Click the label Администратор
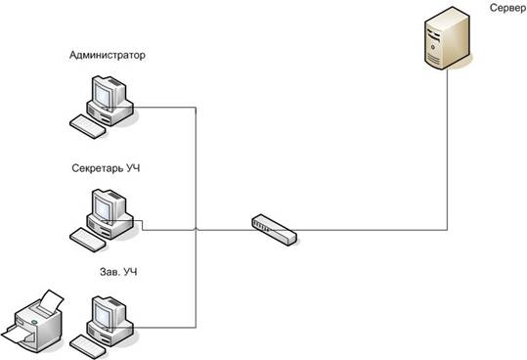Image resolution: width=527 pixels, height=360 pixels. (108, 55)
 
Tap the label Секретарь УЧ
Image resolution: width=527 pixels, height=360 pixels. (106, 167)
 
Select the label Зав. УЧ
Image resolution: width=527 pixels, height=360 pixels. (118, 272)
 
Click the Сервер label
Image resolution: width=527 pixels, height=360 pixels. (507, 8)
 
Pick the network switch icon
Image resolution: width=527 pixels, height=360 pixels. (274, 230)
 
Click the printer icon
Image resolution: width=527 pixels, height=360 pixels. (32, 322)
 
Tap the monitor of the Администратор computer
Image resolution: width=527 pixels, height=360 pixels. (109, 91)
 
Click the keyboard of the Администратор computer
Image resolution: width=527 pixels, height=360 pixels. (87, 126)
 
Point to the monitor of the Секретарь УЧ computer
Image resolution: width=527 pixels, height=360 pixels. (109, 205)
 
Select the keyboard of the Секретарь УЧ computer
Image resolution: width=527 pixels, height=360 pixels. (87, 240)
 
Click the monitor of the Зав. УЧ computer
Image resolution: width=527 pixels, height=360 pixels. (109, 312)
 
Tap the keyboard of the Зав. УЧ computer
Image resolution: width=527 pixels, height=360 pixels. (87, 347)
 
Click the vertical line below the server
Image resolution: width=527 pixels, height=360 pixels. (448, 150)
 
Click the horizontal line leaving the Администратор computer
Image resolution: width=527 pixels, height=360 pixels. (164, 108)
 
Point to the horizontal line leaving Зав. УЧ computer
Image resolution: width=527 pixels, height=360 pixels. (164, 328)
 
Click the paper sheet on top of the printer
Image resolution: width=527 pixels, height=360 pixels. (51, 301)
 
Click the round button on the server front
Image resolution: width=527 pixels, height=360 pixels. (433, 47)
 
